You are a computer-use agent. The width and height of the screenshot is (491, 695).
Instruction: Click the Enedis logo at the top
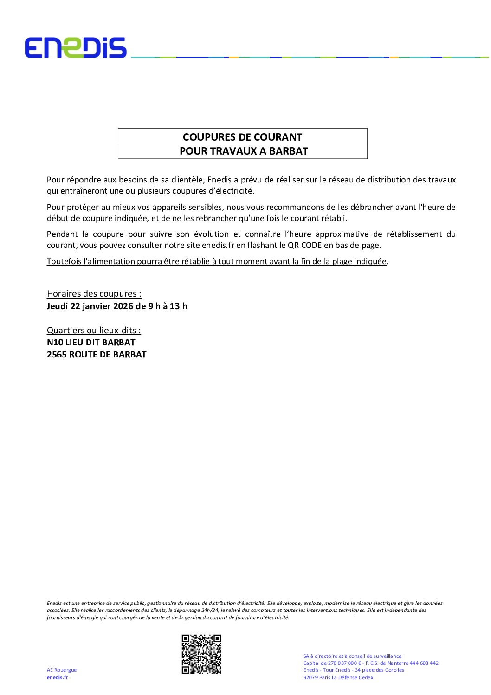(76, 48)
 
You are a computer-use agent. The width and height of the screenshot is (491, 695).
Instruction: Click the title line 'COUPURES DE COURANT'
(242, 137)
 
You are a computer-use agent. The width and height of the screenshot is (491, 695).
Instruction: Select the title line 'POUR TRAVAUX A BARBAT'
(244, 151)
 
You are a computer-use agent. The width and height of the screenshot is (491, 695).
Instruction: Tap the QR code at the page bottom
(201, 654)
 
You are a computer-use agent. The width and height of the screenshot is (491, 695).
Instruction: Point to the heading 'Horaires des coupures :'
(94, 294)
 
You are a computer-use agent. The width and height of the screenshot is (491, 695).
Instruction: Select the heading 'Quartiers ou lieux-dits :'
(94, 331)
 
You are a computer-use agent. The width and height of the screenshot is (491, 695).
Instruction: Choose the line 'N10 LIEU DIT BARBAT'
(91, 343)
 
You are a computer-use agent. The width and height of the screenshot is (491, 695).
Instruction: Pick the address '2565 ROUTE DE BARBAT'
(97, 355)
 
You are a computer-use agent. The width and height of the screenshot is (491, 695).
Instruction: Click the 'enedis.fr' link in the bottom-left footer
(57, 677)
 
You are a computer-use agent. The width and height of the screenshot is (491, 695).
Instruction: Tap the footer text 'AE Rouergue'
(62, 670)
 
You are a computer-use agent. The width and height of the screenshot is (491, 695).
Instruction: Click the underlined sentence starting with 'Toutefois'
(217, 261)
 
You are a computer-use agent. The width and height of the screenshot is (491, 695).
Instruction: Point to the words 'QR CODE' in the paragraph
(304, 245)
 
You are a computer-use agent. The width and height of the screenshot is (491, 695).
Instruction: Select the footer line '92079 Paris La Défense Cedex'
(338, 677)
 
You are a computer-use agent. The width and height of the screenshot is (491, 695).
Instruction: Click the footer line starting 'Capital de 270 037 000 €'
(371, 663)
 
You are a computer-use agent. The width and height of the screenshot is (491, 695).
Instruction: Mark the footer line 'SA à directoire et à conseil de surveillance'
(352, 656)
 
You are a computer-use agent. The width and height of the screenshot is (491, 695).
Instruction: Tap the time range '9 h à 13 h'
(168, 306)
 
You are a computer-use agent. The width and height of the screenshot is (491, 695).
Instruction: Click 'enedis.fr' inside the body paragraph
(218, 245)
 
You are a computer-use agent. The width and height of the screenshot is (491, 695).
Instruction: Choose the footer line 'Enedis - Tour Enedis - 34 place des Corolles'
(354, 670)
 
